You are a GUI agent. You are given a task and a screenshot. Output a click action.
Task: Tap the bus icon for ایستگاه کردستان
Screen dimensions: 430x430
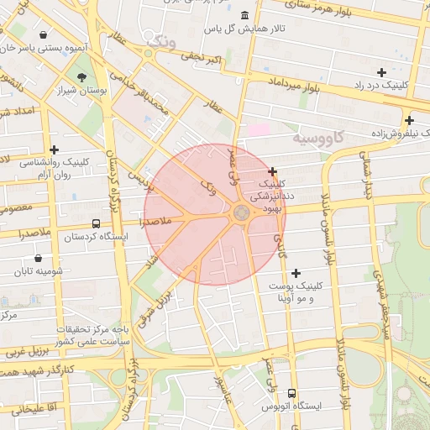[96, 224]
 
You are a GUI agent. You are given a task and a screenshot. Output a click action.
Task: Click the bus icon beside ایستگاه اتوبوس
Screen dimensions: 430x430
[291, 393]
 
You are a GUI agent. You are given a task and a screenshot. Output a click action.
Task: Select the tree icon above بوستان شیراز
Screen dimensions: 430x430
[81, 77]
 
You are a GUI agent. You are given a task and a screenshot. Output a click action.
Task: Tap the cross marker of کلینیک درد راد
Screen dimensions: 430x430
[381, 73]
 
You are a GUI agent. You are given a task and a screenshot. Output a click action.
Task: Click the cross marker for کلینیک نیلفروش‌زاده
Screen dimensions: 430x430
[408, 120]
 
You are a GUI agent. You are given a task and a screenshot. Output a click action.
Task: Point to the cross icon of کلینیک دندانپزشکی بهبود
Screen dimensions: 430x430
[272, 171]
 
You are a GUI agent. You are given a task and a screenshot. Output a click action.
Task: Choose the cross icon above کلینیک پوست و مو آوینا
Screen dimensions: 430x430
[296, 273]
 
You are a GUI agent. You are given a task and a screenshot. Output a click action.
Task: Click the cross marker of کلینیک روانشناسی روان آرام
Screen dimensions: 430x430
[55, 149]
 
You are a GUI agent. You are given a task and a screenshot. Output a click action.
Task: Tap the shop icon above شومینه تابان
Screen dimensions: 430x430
[39, 259]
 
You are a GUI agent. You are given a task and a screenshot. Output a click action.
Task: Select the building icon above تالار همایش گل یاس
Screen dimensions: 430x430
[244, 16]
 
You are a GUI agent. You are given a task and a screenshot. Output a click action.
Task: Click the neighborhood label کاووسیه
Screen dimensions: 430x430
[318, 136]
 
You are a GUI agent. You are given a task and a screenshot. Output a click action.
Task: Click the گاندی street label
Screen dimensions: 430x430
[280, 243]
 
